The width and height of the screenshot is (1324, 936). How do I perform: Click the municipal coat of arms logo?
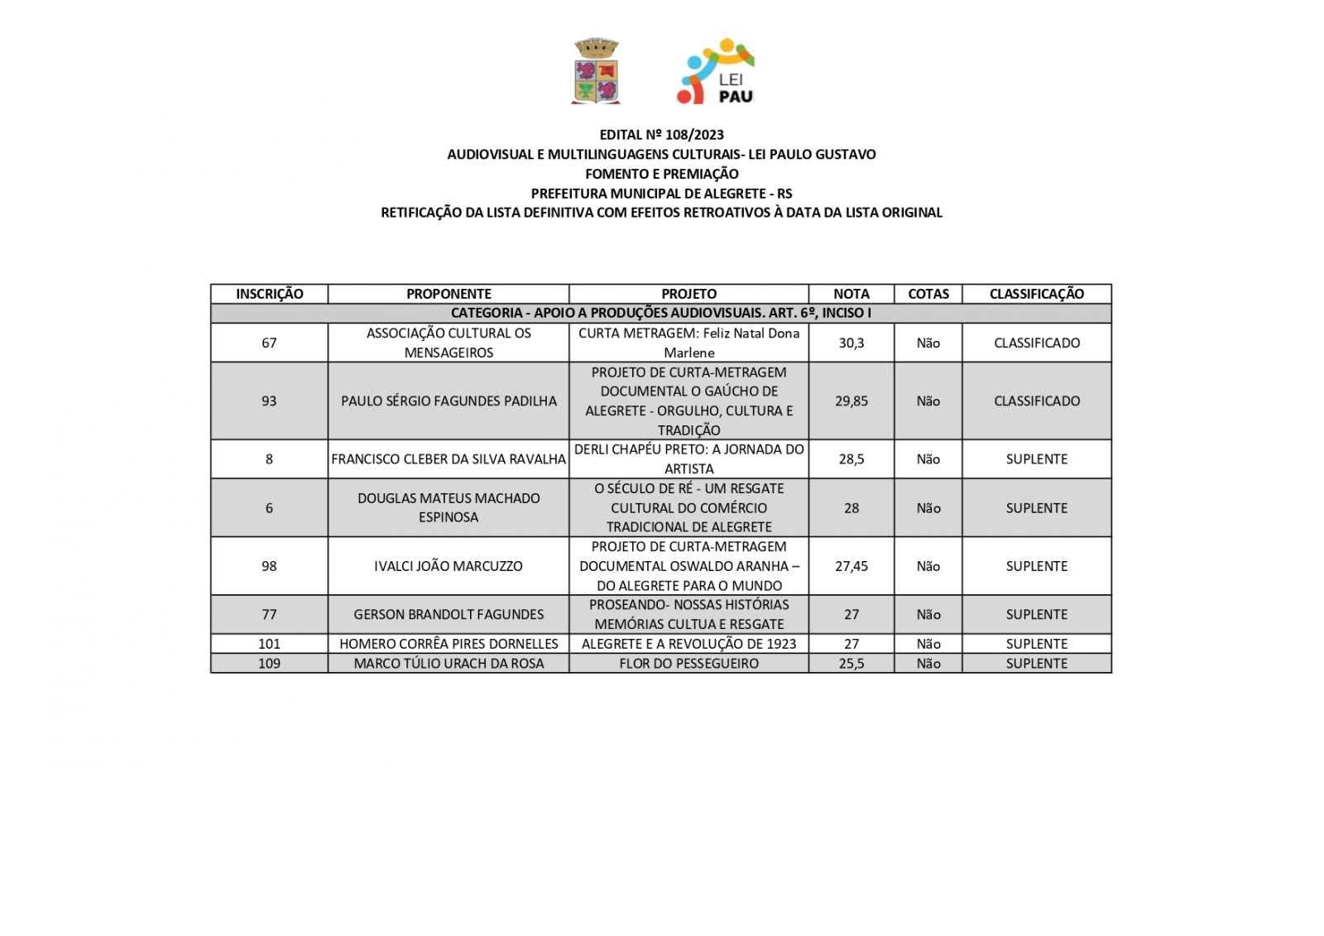(596, 71)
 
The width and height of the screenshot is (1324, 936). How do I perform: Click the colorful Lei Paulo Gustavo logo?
(716, 71)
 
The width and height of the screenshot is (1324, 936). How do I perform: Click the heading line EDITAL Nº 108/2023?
(661, 134)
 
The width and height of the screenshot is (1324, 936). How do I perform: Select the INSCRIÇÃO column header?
(269, 294)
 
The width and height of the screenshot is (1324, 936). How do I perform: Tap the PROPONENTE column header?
(449, 294)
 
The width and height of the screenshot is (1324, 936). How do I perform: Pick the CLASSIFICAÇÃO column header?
(1036, 294)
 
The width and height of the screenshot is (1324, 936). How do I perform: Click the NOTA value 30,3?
(851, 343)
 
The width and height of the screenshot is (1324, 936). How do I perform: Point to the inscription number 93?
(269, 401)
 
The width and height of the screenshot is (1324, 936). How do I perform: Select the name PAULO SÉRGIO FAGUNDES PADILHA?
(449, 401)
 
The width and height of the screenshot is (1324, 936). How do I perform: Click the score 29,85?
(851, 401)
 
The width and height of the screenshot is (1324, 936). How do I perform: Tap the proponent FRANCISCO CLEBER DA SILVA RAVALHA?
(449, 458)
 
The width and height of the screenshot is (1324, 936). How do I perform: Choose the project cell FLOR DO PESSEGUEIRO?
(688, 663)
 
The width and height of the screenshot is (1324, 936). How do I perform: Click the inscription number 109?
(269, 663)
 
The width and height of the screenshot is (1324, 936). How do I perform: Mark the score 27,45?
(851, 566)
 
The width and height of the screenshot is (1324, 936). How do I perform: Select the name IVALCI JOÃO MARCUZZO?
(449, 566)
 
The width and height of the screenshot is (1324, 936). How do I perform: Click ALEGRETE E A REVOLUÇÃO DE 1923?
(688, 643)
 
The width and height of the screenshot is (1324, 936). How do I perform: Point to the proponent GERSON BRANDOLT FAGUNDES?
(449, 614)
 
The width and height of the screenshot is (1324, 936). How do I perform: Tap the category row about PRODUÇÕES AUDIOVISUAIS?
(660, 313)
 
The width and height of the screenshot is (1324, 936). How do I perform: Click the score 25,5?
(851, 663)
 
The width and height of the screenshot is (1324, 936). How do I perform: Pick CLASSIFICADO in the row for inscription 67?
(1036, 343)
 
